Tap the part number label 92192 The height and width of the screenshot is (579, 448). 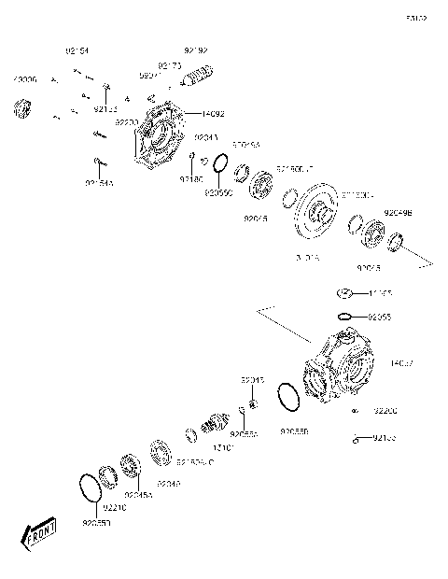pos(196,49)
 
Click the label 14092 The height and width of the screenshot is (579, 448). pos(213,114)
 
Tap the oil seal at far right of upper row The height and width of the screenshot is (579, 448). pos(396,245)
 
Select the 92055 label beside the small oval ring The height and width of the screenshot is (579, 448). pos(379,318)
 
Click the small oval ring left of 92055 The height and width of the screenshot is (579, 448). pos(344,317)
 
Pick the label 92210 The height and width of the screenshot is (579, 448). pos(114,506)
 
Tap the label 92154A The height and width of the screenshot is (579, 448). pos(99,183)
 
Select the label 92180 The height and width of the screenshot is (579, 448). pos(191,178)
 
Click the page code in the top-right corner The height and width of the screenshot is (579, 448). pos(416,17)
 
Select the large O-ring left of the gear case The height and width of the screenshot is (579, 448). pos(290,399)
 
